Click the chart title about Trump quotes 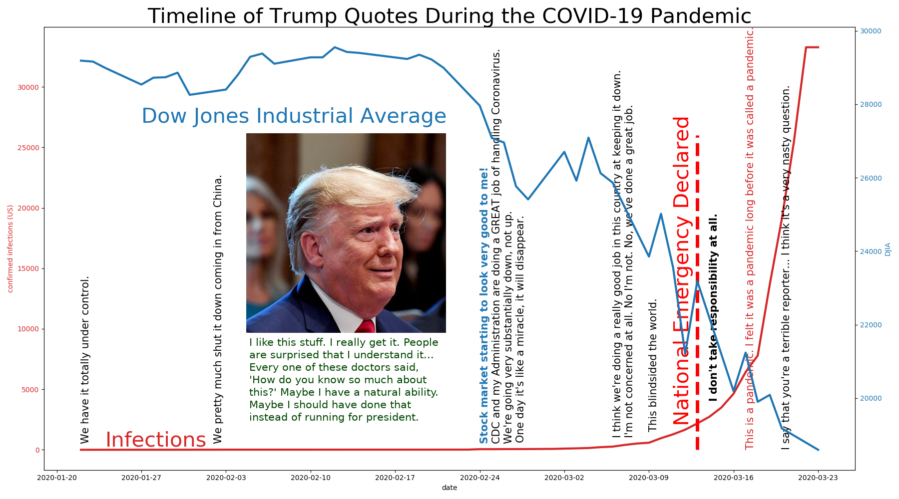(449, 16)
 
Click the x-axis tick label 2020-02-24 (480, 478)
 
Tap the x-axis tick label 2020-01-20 (57, 478)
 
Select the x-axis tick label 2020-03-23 (818, 478)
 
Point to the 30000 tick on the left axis (29, 87)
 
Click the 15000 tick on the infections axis (29, 268)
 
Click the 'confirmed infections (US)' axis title (10, 249)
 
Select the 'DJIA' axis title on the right (888, 249)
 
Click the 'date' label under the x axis (449, 488)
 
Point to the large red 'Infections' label (156, 440)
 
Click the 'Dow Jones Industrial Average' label (294, 116)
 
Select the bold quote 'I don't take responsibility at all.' (713, 307)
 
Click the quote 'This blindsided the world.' (653, 365)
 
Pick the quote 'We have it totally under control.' (85, 359)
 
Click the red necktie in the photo (367, 327)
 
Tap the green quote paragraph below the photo (344, 380)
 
